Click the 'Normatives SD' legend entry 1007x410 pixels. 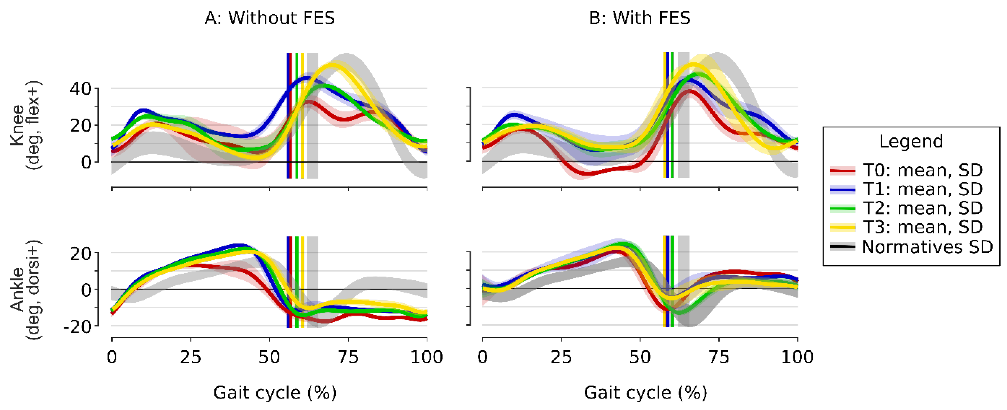pyautogui.click(x=926, y=246)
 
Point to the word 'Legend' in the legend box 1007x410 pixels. pyautogui.click(x=911, y=141)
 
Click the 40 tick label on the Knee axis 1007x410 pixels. pyautogui.click(x=81, y=89)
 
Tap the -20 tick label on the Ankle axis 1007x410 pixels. pyautogui.click(x=77, y=326)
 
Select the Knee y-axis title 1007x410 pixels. pyautogui.click(x=26, y=125)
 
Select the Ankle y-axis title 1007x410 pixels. pyautogui.click(x=26, y=289)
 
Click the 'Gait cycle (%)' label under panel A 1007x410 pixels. pyautogui.click(x=274, y=392)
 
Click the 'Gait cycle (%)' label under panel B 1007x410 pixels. pyautogui.click(x=645, y=392)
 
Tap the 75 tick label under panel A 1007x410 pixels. pyautogui.click(x=348, y=357)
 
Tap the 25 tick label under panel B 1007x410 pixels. pyautogui.click(x=561, y=357)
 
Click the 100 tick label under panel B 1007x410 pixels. pyautogui.click(x=797, y=357)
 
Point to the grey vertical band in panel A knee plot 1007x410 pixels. pyautogui.click(x=312, y=117)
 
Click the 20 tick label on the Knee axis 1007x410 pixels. pyautogui.click(x=81, y=126)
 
